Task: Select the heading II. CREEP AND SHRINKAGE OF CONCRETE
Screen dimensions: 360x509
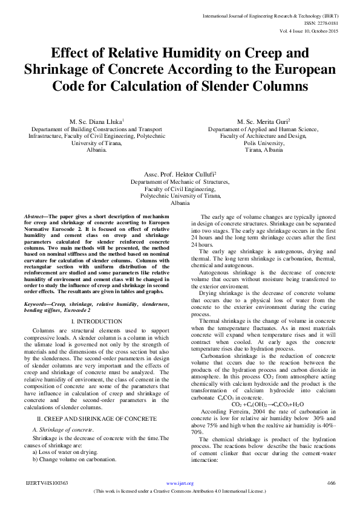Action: pyautogui.click(x=97, y=401)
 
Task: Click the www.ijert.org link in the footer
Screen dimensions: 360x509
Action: pyautogui.click(x=180, y=484)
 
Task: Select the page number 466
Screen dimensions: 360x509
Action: pyautogui.click(x=330, y=484)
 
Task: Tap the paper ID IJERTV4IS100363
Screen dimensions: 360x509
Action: pyautogui.click(x=46, y=484)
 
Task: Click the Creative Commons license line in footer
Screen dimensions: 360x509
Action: pyautogui.click(x=180, y=492)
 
